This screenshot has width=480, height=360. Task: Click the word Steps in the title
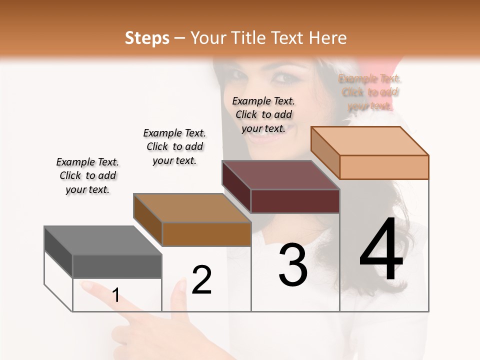pos(147,38)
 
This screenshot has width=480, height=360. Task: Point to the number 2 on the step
pos(201,280)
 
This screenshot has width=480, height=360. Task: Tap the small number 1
pos(116,295)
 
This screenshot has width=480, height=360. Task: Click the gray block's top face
pos(102,240)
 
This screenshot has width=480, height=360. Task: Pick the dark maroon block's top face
pos(280,175)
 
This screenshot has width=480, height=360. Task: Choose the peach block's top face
pos(369,141)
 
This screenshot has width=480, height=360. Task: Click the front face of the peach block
pos(384,167)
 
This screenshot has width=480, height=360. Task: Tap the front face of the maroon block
pos(295,201)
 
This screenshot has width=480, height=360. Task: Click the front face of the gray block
pos(117,266)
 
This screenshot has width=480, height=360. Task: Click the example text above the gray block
pos(87,175)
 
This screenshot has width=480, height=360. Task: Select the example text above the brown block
pos(174,146)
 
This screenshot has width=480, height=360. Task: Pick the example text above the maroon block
pos(263,114)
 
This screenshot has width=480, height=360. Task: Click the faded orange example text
pos(370,92)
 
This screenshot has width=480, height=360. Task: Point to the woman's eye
pos(283,78)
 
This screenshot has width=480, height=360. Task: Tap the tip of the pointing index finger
pos(85,285)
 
